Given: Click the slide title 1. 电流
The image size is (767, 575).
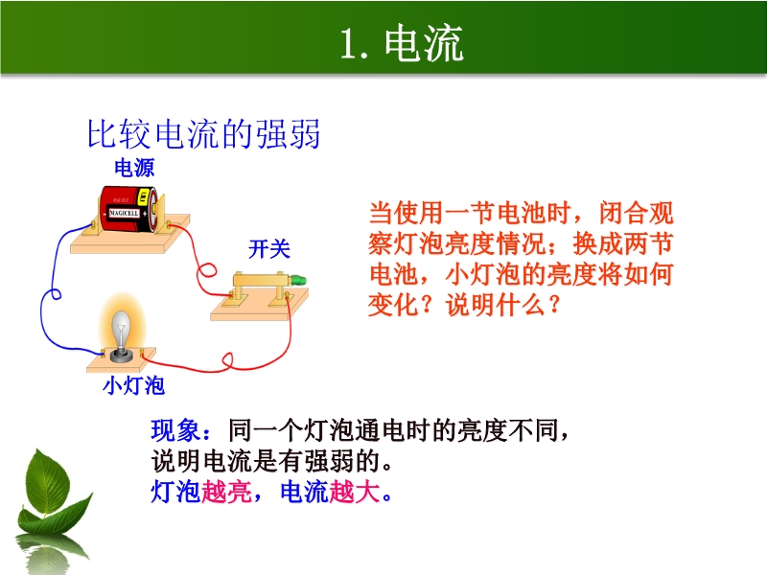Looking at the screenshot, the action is (x=402, y=43).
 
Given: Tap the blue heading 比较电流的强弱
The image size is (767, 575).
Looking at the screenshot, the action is (x=203, y=133).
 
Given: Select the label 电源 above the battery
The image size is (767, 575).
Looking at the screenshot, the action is (x=134, y=168).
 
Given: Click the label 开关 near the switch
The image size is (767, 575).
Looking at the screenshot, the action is (x=269, y=249).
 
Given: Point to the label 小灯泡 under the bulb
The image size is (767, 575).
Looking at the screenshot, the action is (x=133, y=385).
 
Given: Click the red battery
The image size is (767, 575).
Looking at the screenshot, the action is (x=128, y=209).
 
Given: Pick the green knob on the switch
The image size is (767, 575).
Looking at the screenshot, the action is (x=298, y=281).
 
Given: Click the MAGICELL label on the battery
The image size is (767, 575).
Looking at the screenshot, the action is (x=124, y=213).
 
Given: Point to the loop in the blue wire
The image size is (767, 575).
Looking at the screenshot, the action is (x=56, y=294).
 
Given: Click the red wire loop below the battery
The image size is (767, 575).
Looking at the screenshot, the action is (x=207, y=270).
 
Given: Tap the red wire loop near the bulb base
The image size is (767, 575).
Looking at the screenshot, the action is (x=228, y=361).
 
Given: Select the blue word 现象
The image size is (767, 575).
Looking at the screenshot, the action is (x=175, y=430).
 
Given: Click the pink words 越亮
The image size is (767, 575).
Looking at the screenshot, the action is (x=226, y=492).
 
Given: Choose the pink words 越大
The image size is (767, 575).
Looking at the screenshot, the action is (x=355, y=492).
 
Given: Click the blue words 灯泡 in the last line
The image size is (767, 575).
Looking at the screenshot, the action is (x=175, y=492).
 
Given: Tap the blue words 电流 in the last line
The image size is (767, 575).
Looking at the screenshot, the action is (x=305, y=492).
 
